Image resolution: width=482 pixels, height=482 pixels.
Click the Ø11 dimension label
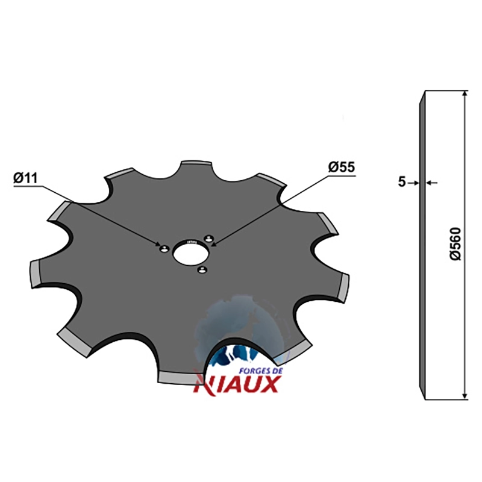(25, 178)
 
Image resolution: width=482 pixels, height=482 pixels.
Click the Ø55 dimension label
(341, 167)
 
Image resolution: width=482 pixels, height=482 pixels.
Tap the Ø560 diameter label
(455, 244)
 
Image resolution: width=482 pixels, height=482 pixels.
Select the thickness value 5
(402, 182)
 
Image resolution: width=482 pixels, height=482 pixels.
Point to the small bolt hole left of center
(164, 248)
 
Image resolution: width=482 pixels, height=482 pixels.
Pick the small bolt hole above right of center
(209, 237)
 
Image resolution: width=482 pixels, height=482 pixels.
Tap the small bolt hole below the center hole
(202, 270)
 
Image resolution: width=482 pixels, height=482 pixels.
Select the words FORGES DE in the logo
(261, 371)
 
